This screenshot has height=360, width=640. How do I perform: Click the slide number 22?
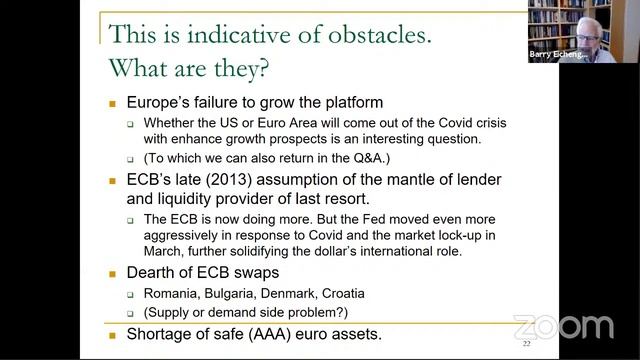pos(526,343)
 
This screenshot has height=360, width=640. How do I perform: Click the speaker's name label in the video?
pos(558,57)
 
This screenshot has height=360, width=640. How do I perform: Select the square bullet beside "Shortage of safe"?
pos(113,334)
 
